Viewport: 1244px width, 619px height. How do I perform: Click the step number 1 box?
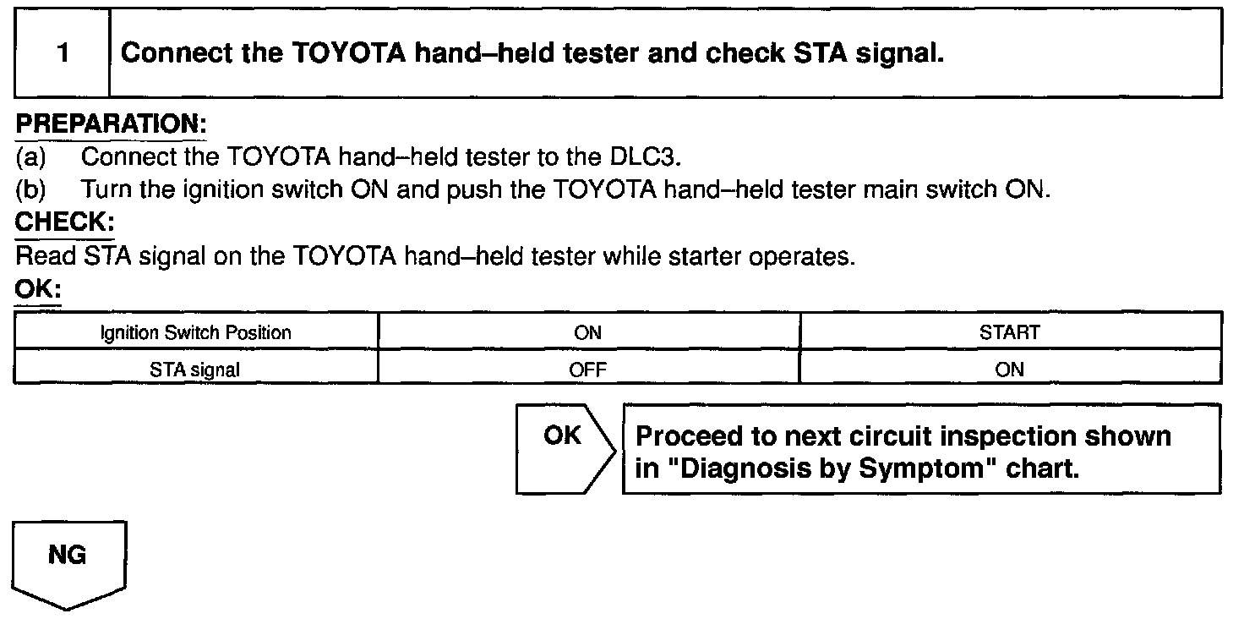click(x=63, y=54)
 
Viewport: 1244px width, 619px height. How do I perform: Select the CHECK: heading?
click(x=64, y=223)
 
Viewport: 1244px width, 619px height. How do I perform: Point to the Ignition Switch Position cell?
click(x=196, y=332)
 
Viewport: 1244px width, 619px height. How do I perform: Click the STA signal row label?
click(x=196, y=370)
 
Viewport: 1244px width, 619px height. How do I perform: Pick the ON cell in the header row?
click(x=587, y=332)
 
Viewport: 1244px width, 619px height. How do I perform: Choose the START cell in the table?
click(x=1010, y=332)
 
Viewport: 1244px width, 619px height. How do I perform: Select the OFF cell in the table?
click(x=587, y=370)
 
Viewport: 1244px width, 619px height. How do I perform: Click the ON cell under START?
click(x=1010, y=370)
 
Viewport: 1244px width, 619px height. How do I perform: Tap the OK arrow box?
click(x=563, y=448)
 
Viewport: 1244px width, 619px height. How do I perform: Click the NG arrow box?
click(x=68, y=561)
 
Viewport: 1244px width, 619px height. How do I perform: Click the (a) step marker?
click(x=30, y=158)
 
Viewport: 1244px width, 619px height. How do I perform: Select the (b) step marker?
click(x=30, y=190)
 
